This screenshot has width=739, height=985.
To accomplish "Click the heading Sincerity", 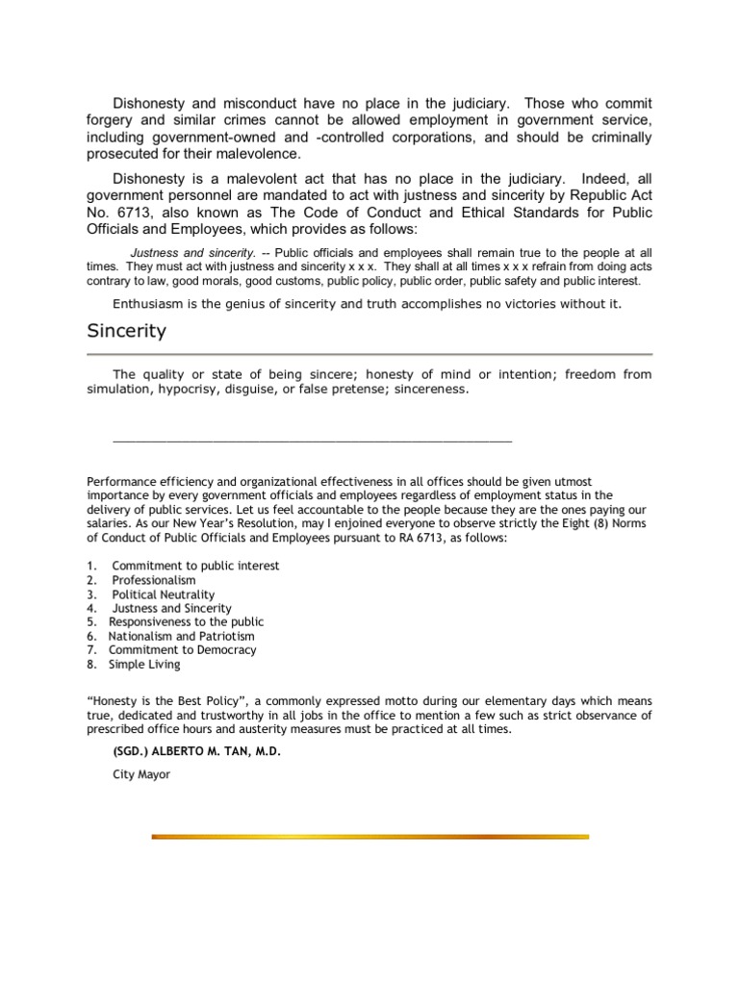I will tap(126, 332).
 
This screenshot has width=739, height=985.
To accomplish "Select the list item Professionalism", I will tap(153, 580).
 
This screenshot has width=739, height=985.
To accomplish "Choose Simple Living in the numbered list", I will tap(143, 664).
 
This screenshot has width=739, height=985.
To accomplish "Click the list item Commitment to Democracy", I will tap(182, 650).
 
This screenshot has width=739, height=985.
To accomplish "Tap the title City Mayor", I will tap(141, 773).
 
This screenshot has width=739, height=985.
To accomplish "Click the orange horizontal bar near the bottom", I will tap(370, 837).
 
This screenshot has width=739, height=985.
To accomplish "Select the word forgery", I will tap(113, 120).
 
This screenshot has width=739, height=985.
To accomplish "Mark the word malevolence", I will tap(261, 154).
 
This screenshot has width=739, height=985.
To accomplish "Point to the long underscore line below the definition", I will tap(313, 439).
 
